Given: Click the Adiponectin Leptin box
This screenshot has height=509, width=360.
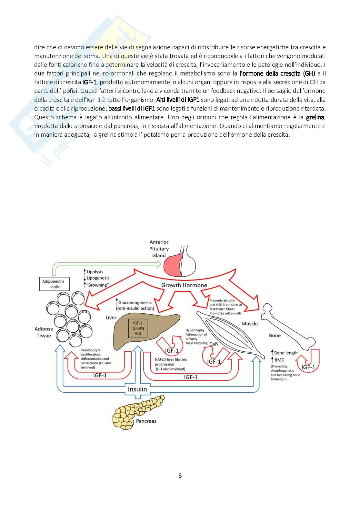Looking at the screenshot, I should pyautogui.click(x=53, y=284).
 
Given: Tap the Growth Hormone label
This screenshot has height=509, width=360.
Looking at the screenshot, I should pyautogui.click(x=184, y=285).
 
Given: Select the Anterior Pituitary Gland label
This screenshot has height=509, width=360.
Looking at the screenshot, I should pyautogui.click(x=159, y=249).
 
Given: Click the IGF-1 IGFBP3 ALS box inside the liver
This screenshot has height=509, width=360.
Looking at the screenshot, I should pyautogui.click(x=138, y=328).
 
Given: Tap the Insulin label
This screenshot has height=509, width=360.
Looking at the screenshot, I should pyautogui.click(x=137, y=389).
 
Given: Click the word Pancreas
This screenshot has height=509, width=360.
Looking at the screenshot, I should pyautogui.click(x=146, y=421).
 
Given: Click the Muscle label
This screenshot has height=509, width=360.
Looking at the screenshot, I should pyautogui.click(x=249, y=323).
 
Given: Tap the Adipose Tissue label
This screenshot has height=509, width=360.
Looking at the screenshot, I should pyautogui.click(x=44, y=332).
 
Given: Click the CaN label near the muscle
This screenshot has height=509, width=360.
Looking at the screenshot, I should pyautogui.click(x=214, y=344).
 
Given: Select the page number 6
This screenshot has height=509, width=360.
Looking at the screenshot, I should pyautogui.click(x=180, y=475).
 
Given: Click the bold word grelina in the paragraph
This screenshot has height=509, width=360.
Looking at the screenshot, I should pyautogui.click(x=315, y=117).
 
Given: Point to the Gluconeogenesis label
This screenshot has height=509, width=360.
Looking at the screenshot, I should pyautogui.click(x=135, y=302).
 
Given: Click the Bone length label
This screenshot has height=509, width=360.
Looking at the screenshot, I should pyautogui.click(x=285, y=353).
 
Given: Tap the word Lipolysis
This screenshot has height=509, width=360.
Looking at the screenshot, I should pyautogui.click(x=95, y=272).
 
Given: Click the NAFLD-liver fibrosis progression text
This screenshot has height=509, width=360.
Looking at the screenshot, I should pyautogui.click(x=171, y=362).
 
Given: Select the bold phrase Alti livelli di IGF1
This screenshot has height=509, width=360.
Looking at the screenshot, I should pyautogui.click(x=178, y=100).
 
